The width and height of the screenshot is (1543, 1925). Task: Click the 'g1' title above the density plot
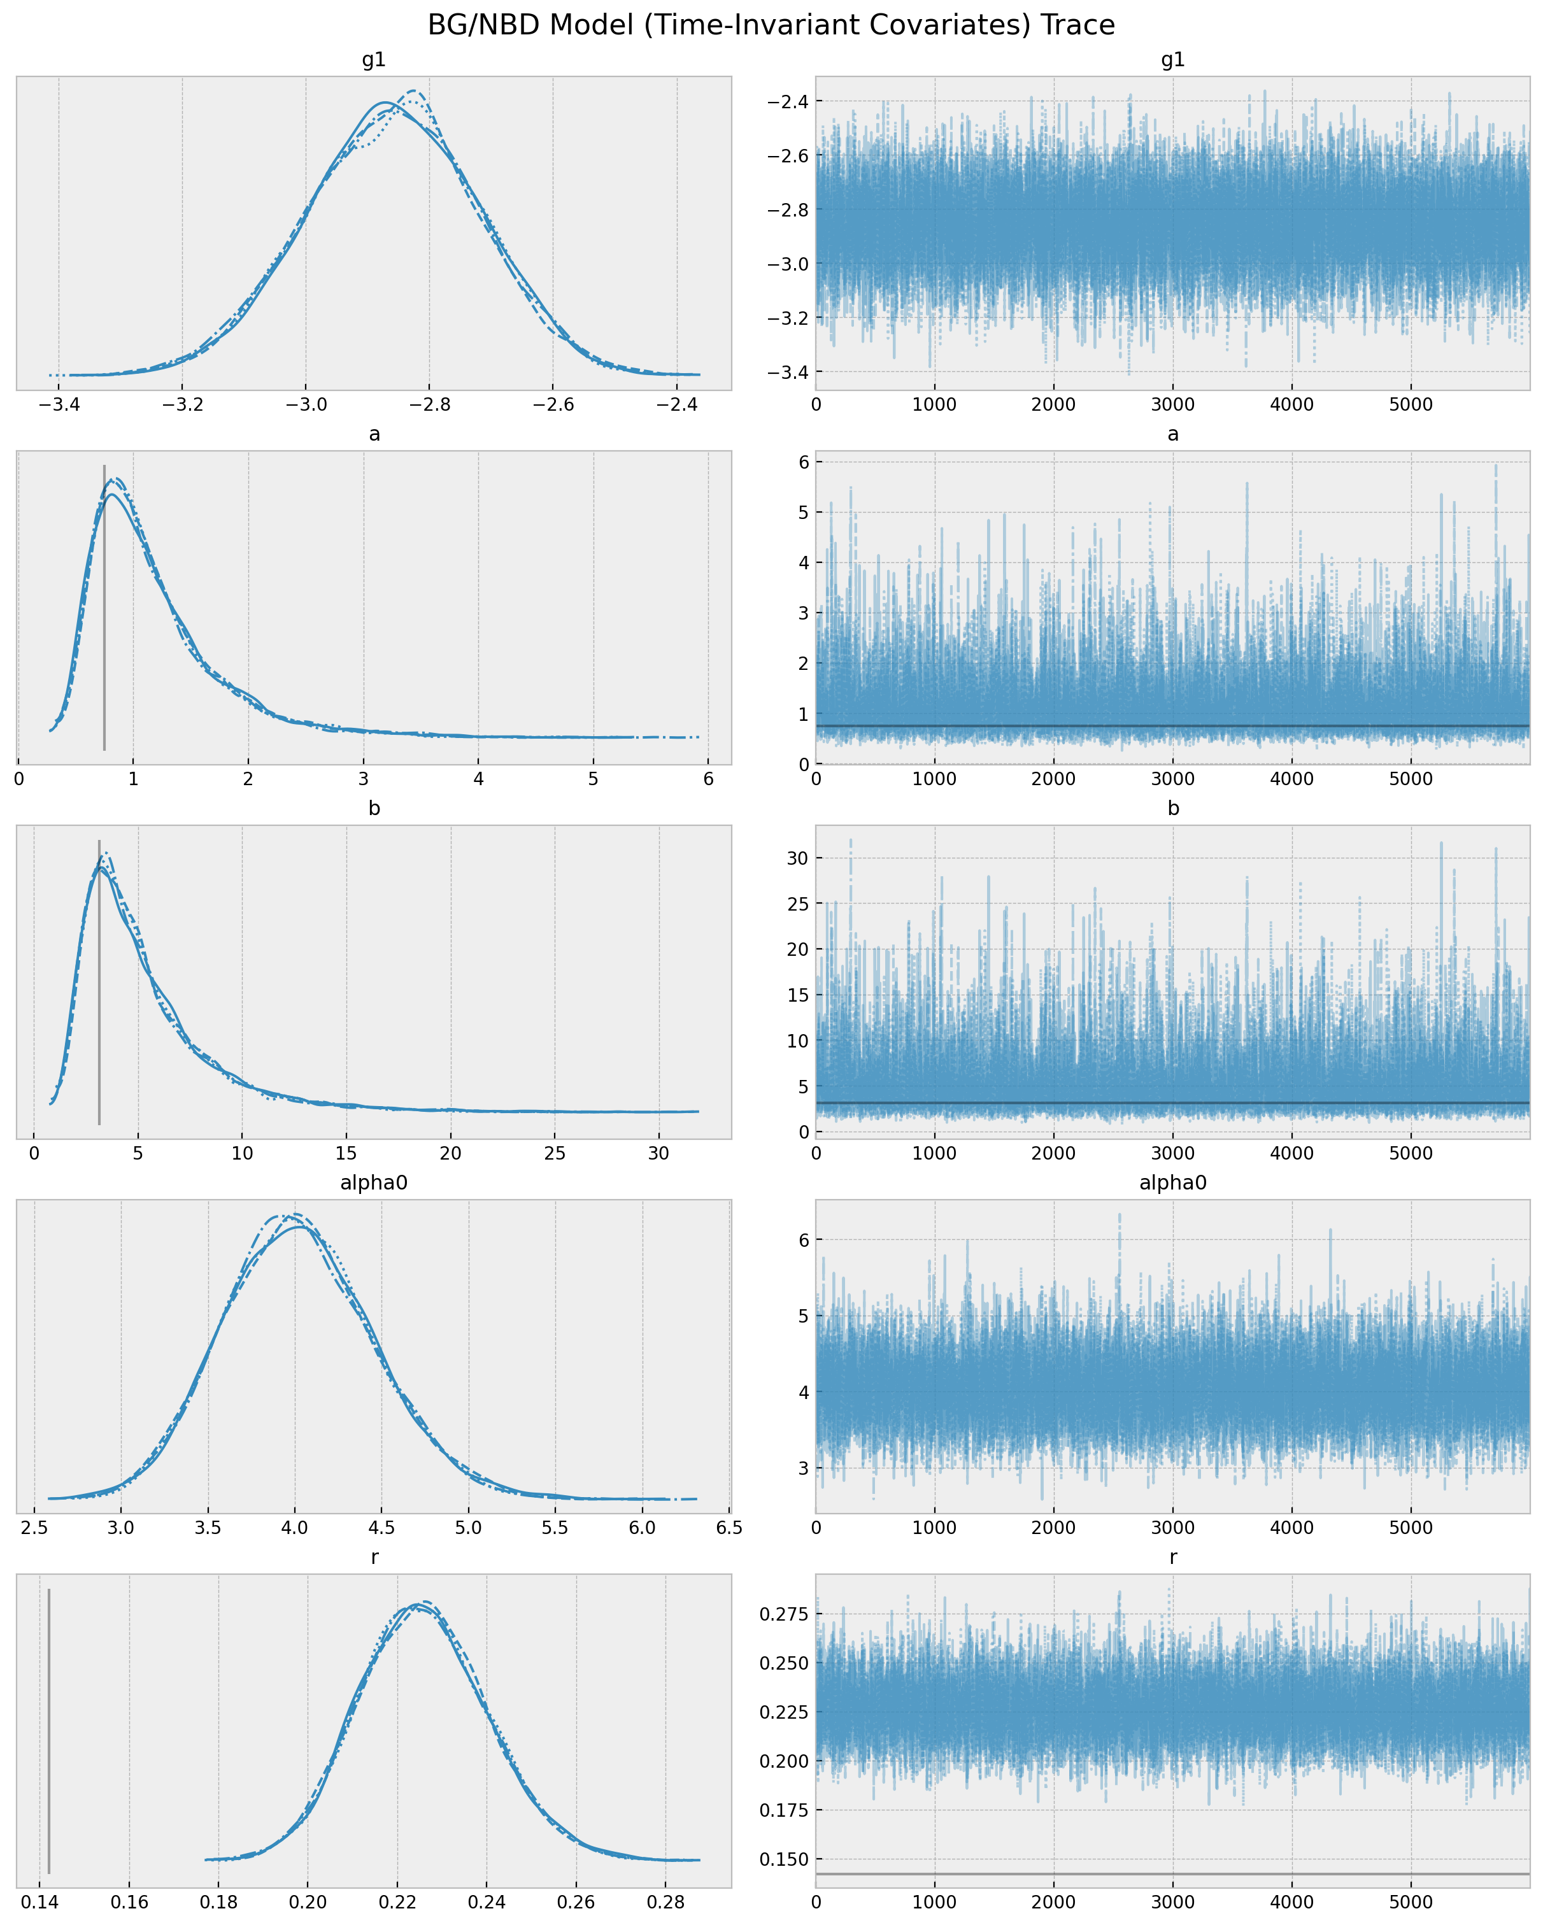(374, 60)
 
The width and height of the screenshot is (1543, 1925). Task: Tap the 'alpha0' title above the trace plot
(1172, 1183)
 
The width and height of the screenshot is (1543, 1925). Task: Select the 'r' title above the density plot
(374, 1557)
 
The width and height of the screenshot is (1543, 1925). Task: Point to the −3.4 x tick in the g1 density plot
(59, 404)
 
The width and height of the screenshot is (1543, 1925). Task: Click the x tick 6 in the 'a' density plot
(708, 779)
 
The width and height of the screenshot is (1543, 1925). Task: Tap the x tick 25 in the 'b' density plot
(555, 1153)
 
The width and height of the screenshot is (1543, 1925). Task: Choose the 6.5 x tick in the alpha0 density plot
(729, 1528)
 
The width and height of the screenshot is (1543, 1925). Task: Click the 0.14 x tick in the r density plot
(41, 1902)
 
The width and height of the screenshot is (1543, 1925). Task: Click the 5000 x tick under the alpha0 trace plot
(1411, 1528)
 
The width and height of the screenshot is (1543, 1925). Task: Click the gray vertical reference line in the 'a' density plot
(104, 607)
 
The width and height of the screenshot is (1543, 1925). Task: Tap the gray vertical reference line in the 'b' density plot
(99, 982)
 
